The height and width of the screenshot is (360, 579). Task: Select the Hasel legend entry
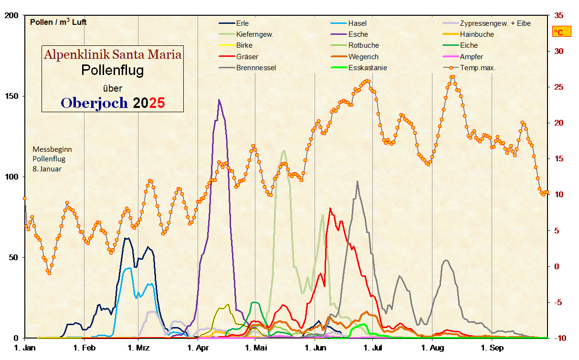pos(357,23)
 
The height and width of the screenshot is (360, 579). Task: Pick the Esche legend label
pos(358,34)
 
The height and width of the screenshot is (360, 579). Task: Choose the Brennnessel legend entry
pos(256,68)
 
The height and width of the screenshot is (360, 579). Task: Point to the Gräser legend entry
pos(247,57)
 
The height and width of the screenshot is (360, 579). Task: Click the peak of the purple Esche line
pos(219,100)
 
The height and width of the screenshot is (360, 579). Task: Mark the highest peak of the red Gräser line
pos(330,208)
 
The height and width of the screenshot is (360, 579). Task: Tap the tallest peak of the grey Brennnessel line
pos(357,181)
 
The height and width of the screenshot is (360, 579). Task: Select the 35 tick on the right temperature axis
pos(558,16)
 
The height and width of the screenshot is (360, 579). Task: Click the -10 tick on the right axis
pos(559,338)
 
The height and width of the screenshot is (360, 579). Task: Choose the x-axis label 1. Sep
pos(492,348)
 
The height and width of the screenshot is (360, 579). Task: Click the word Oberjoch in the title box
pos(95,103)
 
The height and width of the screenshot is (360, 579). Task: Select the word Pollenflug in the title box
pos(113,70)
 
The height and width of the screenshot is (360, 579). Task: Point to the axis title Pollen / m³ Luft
pos(58,22)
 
